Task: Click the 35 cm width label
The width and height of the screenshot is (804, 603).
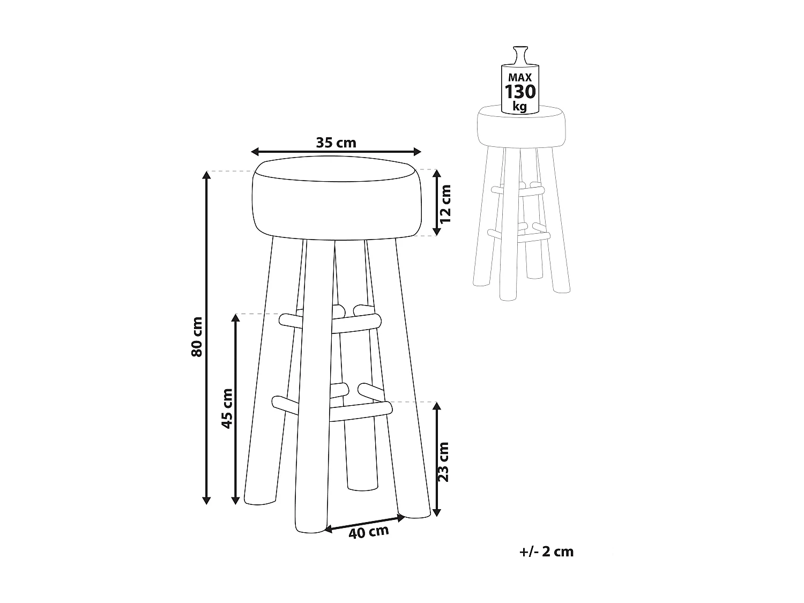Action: coord(336,143)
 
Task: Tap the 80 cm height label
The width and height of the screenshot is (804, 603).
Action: coord(196,337)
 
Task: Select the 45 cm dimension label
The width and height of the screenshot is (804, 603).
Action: coord(227,407)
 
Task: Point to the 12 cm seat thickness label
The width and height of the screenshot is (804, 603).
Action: coord(445,204)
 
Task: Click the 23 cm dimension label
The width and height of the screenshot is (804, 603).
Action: coord(443,461)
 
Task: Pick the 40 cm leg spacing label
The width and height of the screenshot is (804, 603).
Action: coord(368,532)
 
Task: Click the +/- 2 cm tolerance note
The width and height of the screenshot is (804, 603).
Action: coord(546,552)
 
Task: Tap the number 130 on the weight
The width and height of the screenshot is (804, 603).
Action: coord(520,92)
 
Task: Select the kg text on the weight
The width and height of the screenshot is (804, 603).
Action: coord(519,106)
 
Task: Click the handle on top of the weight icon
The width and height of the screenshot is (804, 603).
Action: coord(520,55)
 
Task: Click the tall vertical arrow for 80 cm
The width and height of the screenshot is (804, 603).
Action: coord(206,338)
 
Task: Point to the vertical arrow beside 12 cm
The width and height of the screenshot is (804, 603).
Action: coord(437,203)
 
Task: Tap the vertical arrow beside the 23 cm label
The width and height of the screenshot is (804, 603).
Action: coord(437,459)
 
